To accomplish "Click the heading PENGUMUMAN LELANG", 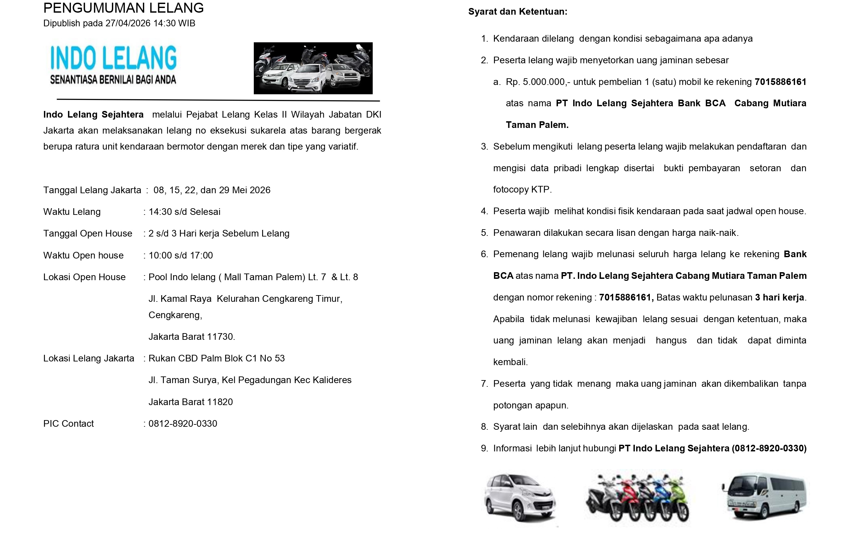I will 123,8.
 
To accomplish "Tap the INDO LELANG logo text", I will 113,58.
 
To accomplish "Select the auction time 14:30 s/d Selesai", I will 184,212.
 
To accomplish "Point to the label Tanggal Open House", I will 88,234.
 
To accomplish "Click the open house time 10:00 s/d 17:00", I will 181,256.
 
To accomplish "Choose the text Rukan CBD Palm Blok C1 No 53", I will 216,358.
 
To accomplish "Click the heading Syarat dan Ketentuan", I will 518,12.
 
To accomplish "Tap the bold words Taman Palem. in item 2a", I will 537,125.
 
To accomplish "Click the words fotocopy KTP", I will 522,190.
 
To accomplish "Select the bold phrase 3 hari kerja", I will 780,297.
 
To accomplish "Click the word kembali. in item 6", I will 510,362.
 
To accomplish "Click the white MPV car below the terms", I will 519,498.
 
